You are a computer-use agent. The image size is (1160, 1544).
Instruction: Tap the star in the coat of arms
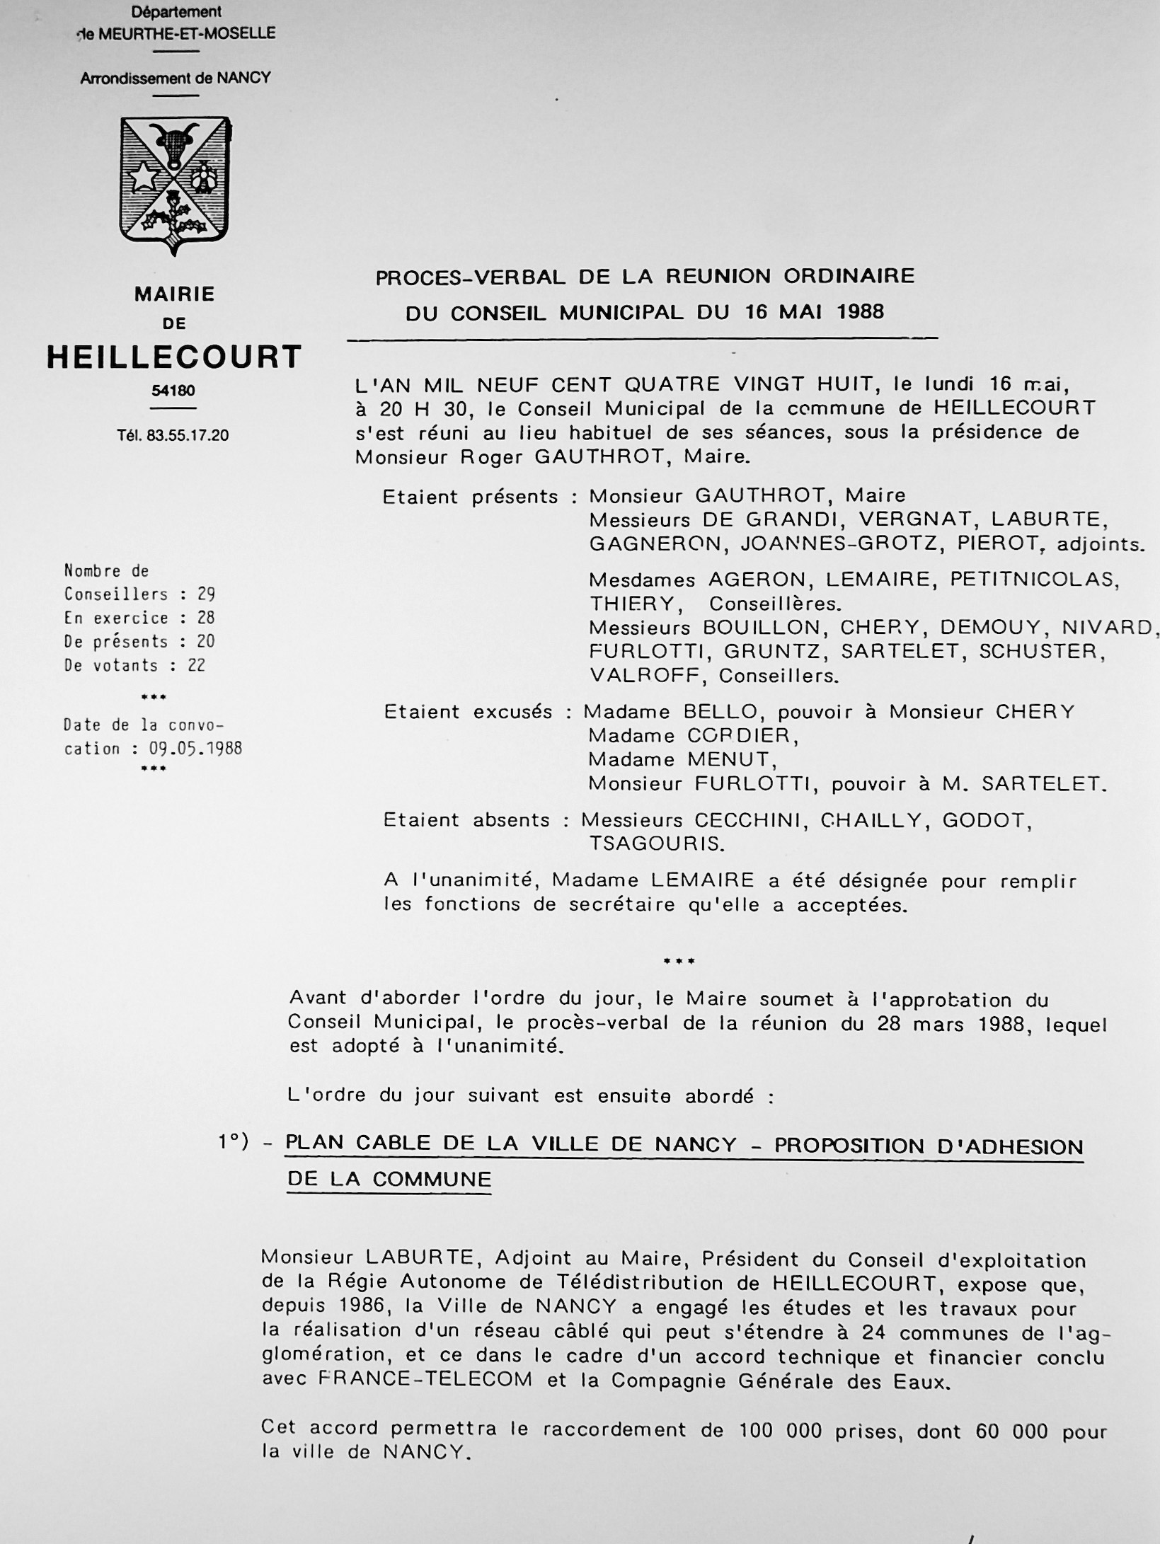click(144, 177)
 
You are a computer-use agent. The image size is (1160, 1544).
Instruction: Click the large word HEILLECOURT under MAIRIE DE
click(174, 357)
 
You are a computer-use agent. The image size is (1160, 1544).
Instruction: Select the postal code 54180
click(173, 391)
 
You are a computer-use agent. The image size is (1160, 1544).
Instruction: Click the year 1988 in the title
click(861, 311)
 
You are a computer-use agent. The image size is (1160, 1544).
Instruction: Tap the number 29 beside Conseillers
click(207, 594)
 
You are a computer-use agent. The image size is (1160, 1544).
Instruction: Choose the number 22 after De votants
click(196, 665)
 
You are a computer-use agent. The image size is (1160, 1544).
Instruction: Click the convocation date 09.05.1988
click(195, 749)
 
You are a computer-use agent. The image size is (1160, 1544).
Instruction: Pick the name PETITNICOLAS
click(1033, 580)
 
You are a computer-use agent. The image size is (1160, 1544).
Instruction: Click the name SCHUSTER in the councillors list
click(1041, 652)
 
